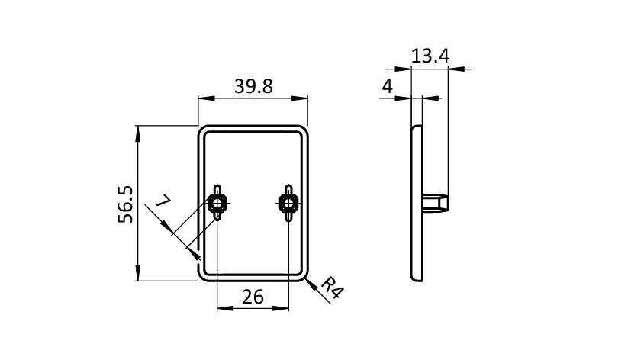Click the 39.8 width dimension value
(x=253, y=86)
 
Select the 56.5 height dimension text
(x=125, y=204)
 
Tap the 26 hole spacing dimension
(x=253, y=297)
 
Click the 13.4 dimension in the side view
(x=430, y=56)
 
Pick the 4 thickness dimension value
(x=387, y=86)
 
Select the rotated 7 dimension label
(x=164, y=200)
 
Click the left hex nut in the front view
(x=217, y=203)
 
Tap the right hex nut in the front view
(x=288, y=203)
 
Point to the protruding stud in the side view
(x=436, y=202)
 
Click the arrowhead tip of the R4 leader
(x=306, y=278)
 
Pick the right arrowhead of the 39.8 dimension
(x=299, y=98)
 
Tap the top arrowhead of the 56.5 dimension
(x=138, y=133)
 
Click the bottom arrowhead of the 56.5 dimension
(x=138, y=273)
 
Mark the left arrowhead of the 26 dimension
(x=225, y=308)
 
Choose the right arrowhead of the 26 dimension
(x=281, y=308)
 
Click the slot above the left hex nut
(x=217, y=189)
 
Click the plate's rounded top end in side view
(x=417, y=127)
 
